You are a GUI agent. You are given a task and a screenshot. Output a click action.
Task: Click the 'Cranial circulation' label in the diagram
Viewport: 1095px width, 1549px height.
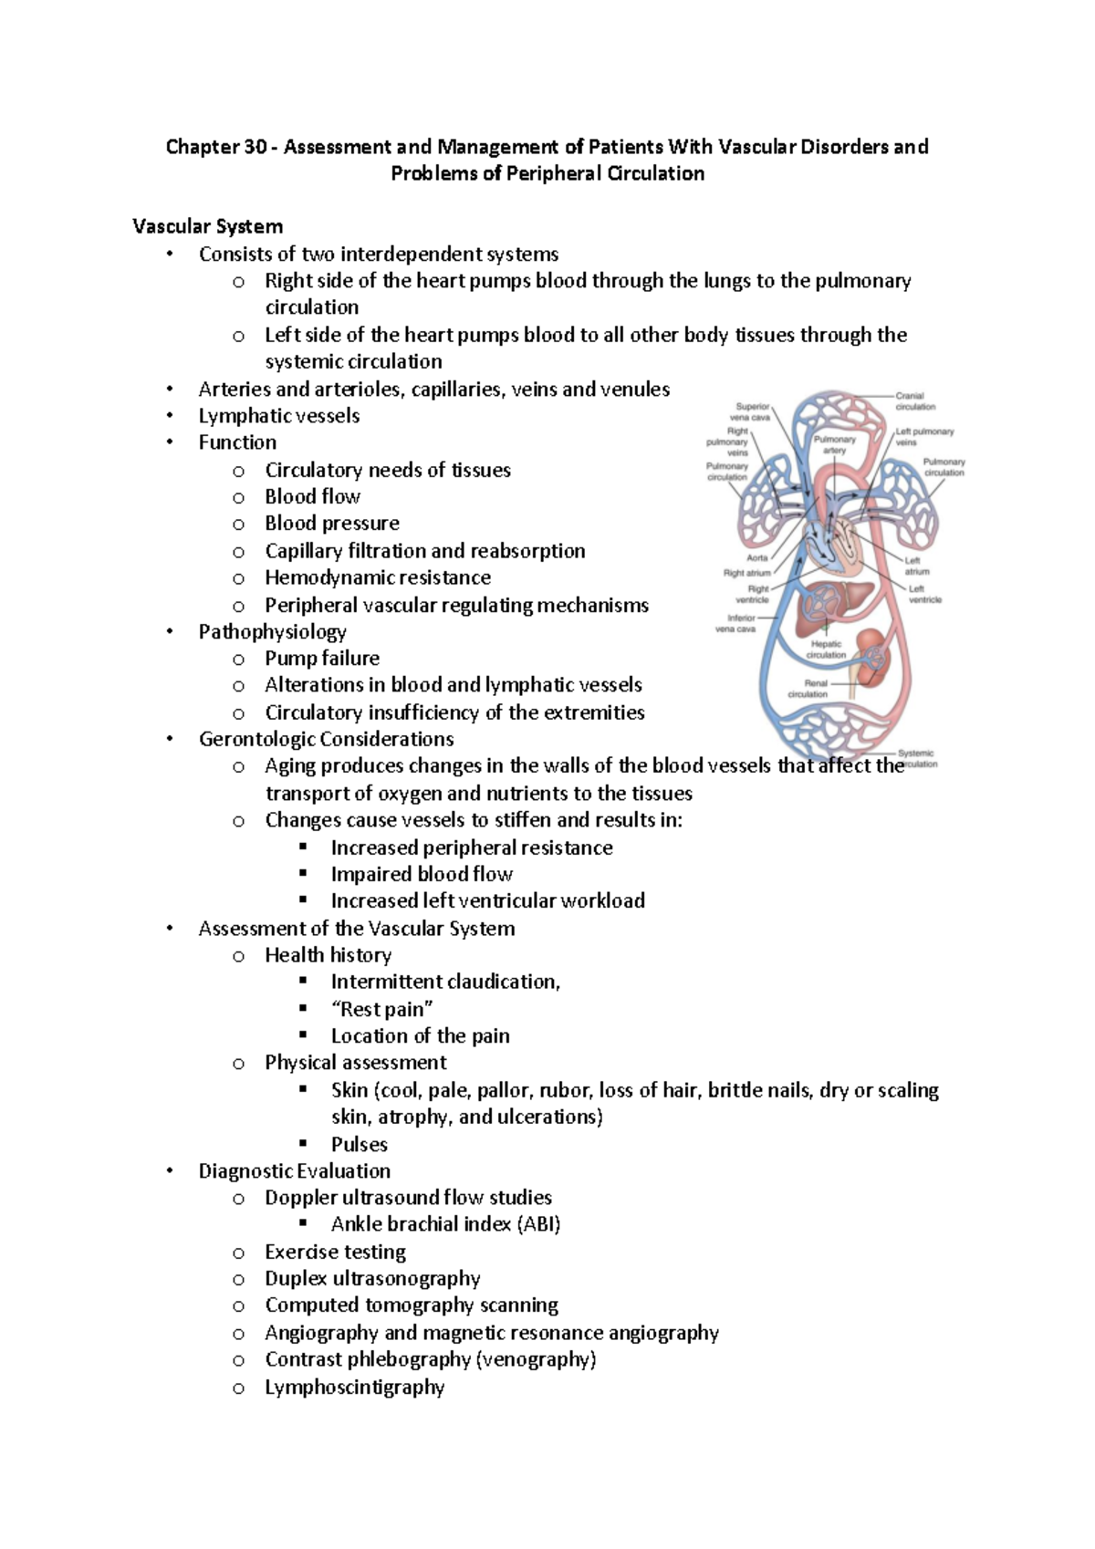pyautogui.click(x=914, y=401)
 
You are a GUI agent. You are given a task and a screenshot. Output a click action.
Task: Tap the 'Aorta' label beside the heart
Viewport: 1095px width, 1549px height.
pyautogui.click(x=757, y=557)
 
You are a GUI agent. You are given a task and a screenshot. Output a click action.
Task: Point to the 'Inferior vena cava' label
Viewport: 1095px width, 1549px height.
pyautogui.click(x=735, y=623)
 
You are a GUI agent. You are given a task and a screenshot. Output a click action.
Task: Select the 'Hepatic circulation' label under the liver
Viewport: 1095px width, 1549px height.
pyautogui.click(x=826, y=650)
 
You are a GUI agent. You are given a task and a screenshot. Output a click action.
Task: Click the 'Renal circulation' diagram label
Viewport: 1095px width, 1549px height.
pyautogui.click(x=808, y=688)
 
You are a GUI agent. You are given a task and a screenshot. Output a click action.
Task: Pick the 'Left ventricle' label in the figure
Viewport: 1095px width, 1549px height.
pyautogui.click(x=923, y=594)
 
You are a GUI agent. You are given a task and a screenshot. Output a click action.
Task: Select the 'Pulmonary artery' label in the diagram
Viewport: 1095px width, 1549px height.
pyautogui.click(x=834, y=444)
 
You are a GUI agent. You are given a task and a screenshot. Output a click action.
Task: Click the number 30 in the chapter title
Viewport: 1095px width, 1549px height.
pyautogui.click(x=255, y=147)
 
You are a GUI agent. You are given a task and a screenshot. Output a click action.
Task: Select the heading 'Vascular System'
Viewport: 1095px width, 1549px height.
pyautogui.click(x=207, y=226)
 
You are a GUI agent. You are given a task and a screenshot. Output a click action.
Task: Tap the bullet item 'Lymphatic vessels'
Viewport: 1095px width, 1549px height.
pyautogui.click(x=278, y=416)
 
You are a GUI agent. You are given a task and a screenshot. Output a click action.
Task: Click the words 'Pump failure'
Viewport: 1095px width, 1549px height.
pyautogui.click(x=321, y=659)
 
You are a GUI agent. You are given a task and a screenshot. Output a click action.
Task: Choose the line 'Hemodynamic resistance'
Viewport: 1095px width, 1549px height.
pyautogui.click(x=377, y=577)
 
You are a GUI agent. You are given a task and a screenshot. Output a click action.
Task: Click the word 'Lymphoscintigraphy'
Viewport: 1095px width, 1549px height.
pyautogui.click(x=354, y=1388)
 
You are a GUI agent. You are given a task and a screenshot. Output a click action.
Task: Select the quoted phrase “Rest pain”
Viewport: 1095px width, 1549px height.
pyautogui.click(x=381, y=1009)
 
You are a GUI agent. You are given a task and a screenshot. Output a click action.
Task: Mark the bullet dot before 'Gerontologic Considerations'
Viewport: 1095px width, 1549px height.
pyautogui.click(x=170, y=739)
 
